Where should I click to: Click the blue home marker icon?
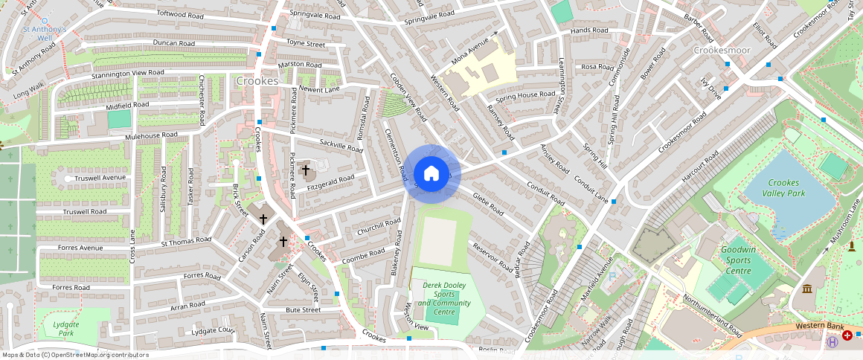(431, 174)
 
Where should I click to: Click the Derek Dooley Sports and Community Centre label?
(444, 298)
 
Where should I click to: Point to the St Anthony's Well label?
(45, 33)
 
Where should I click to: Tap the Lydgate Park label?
(67, 328)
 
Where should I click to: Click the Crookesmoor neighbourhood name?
(722, 50)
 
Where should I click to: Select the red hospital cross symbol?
(847, 336)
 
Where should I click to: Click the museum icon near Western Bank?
(807, 289)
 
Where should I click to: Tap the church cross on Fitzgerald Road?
(305, 170)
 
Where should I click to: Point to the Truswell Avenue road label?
(100, 179)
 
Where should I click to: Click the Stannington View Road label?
(127, 74)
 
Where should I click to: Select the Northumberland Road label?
(712, 314)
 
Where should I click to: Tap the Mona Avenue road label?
(474, 49)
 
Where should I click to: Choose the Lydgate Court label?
(214, 330)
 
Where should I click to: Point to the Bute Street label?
(303, 309)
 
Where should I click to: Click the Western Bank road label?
(818, 326)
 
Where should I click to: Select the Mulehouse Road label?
(151, 135)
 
